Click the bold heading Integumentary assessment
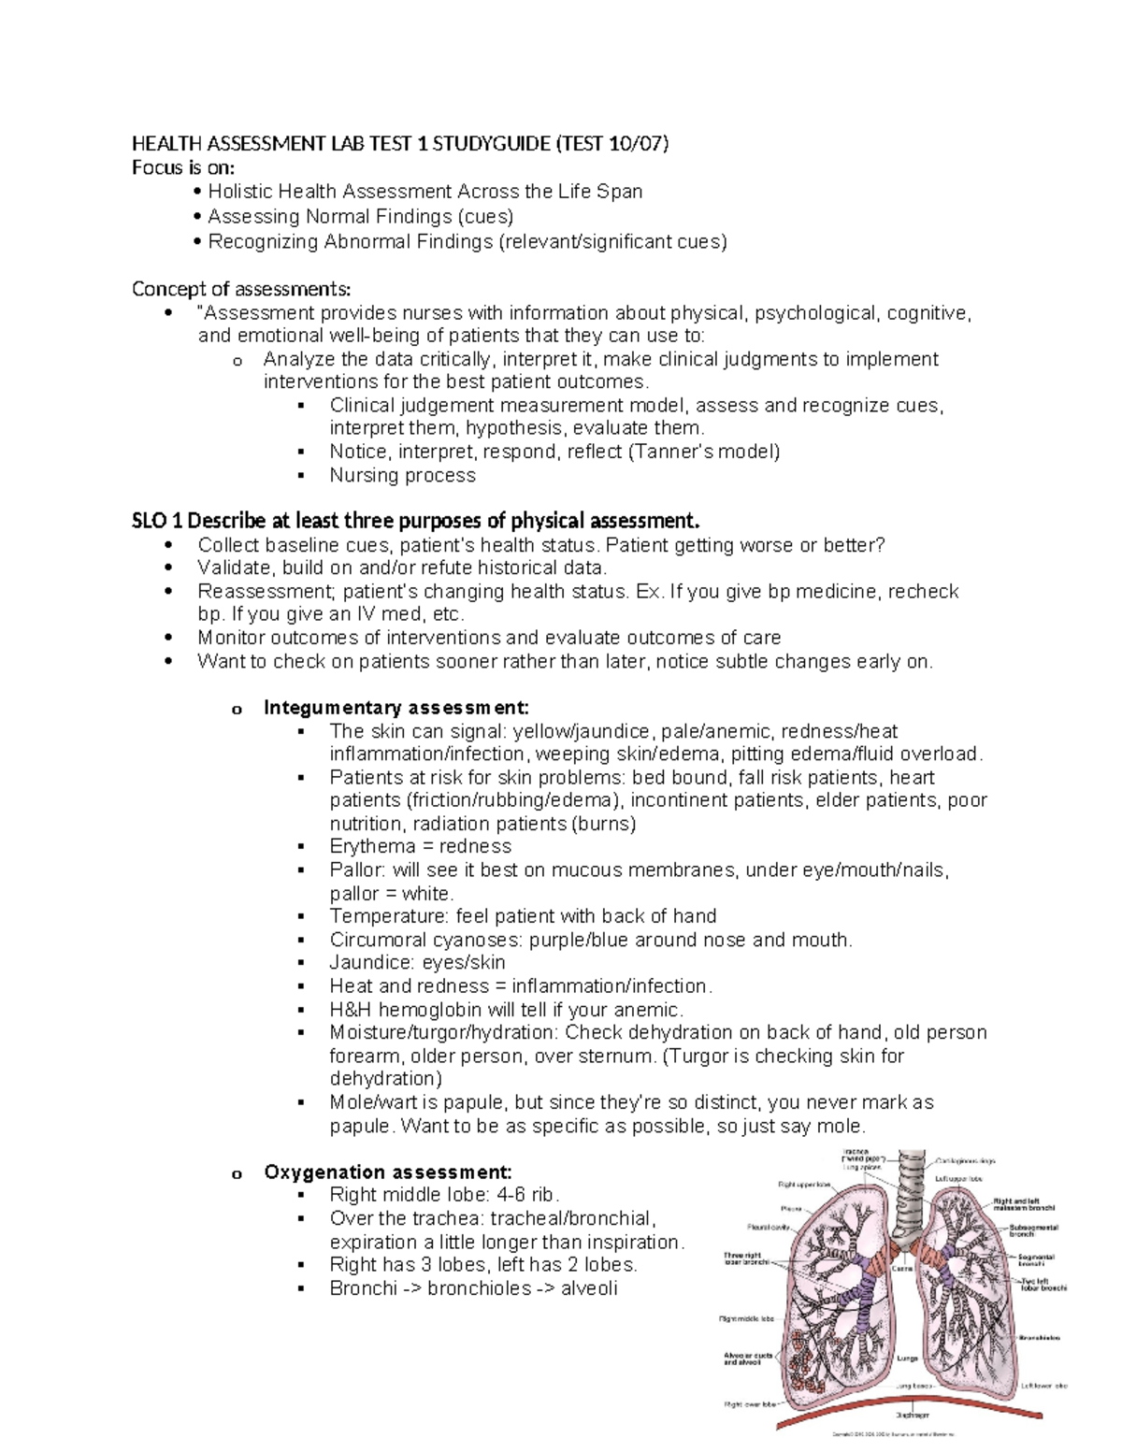[x=396, y=708]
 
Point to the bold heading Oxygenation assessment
[x=388, y=1172]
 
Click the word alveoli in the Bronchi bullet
[x=589, y=1288]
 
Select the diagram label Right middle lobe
[x=746, y=1319]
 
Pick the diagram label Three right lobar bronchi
[x=745, y=1258]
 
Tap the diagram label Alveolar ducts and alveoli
[x=747, y=1359]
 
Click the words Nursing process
[x=402, y=475]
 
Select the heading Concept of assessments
[x=241, y=288]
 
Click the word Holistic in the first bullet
[x=239, y=192]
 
